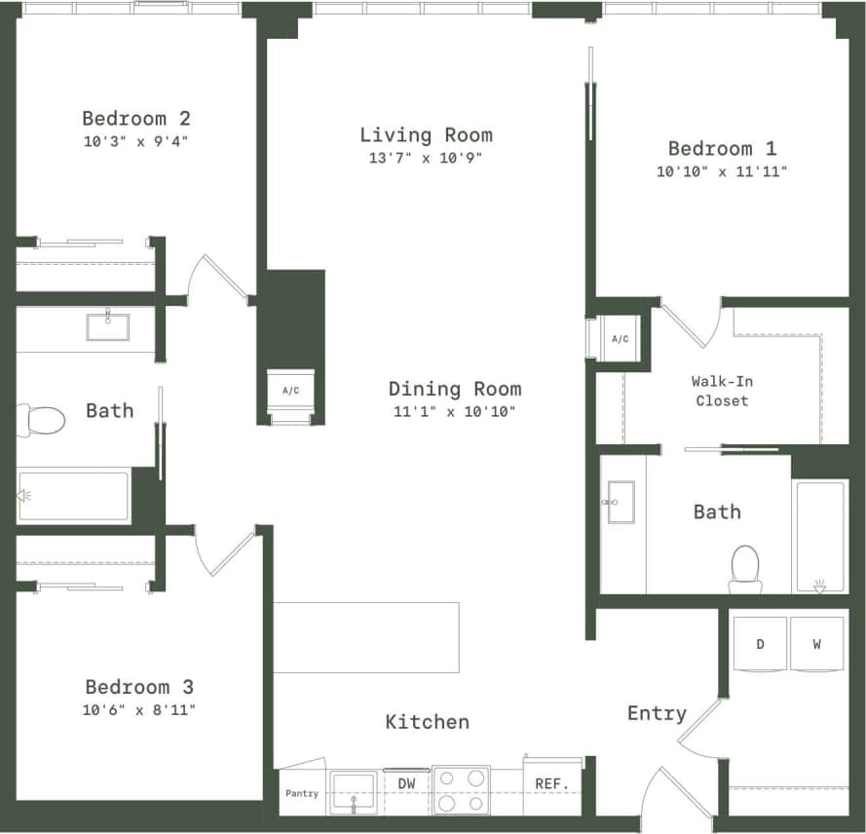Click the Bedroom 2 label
(x=135, y=119)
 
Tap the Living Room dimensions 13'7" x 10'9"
(x=427, y=158)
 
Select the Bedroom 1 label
(x=722, y=149)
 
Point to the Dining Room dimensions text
(x=454, y=411)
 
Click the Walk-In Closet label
(x=721, y=391)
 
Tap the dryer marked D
(x=759, y=644)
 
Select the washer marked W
(x=817, y=644)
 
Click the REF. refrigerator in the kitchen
(x=552, y=783)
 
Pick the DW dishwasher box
(x=407, y=783)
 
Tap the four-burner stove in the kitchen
(x=461, y=790)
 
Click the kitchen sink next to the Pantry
(x=353, y=791)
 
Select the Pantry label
(x=302, y=793)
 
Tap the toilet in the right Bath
(x=745, y=568)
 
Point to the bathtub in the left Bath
(x=74, y=496)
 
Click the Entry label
(x=657, y=714)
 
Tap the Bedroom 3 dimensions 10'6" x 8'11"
(x=139, y=710)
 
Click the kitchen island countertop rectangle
(x=366, y=637)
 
